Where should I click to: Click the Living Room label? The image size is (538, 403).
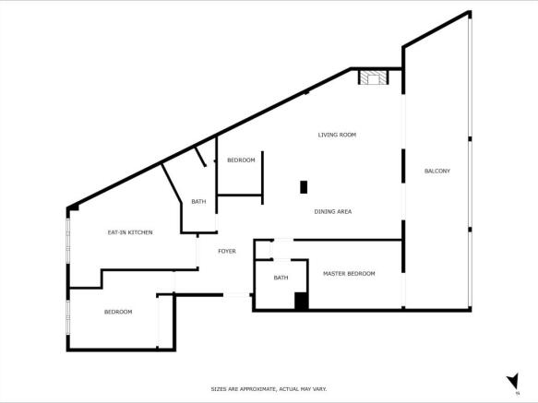pyautogui.click(x=337, y=135)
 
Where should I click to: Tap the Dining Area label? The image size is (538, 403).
pyautogui.click(x=332, y=212)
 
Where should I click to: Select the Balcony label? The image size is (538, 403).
pyautogui.click(x=436, y=172)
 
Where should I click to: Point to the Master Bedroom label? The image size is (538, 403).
pyautogui.click(x=348, y=274)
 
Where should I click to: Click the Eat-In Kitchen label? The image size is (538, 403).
pyautogui.click(x=130, y=232)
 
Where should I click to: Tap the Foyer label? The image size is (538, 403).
pyautogui.click(x=227, y=251)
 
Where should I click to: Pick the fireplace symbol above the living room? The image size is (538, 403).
pyautogui.click(x=375, y=78)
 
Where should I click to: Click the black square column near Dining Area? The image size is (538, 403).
pyautogui.click(x=304, y=187)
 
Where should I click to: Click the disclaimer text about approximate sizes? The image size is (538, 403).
pyautogui.click(x=269, y=388)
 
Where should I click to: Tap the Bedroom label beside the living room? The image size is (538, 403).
pyautogui.click(x=241, y=160)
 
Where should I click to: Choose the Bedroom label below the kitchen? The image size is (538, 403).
pyautogui.click(x=118, y=312)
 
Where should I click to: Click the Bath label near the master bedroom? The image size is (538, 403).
pyautogui.click(x=281, y=278)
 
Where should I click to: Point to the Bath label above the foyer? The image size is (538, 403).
pyautogui.click(x=198, y=202)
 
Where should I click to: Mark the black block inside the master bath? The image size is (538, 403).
pyautogui.click(x=301, y=300)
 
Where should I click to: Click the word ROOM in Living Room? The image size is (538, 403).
pyautogui.click(x=348, y=135)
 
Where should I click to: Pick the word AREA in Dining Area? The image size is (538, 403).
pyautogui.click(x=344, y=212)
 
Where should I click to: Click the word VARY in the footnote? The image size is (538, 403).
pyautogui.click(x=318, y=388)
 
